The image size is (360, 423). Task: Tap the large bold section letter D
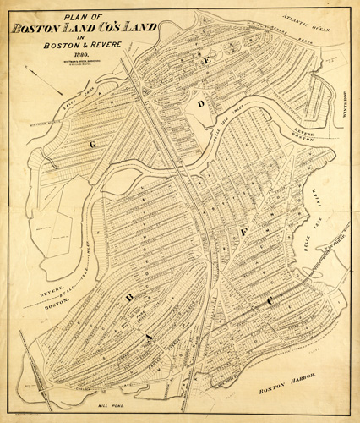click(x=201, y=103)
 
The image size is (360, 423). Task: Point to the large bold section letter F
click(x=244, y=230)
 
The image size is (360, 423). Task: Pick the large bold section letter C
click(x=270, y=300)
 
